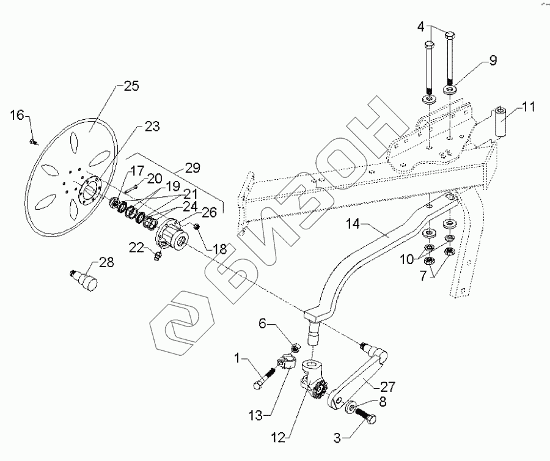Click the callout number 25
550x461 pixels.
coord(131,86)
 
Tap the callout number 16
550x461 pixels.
coord(18,114)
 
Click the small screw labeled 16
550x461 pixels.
coord(34,142)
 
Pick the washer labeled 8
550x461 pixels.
coord(353,408)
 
